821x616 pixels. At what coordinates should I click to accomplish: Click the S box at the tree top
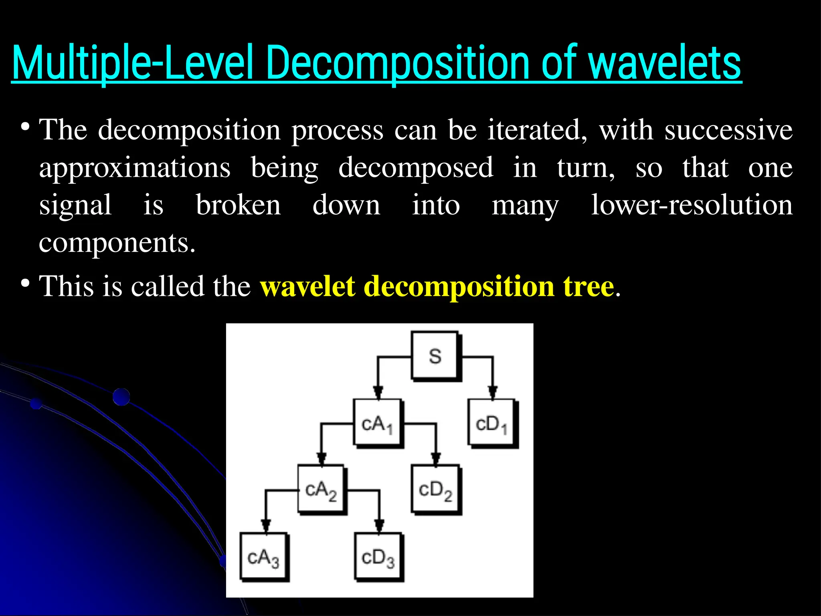435,356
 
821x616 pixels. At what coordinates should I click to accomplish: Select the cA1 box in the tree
377,423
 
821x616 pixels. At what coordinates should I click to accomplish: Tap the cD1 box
491,423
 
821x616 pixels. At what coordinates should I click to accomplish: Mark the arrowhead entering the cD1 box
493,391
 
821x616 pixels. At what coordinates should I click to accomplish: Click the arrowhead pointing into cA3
265,525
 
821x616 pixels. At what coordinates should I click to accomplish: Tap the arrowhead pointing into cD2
436,458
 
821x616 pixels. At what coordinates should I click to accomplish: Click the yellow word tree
588,286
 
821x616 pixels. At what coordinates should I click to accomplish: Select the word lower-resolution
692,205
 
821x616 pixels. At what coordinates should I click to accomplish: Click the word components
117,243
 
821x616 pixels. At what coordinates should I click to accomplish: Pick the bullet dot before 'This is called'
25,284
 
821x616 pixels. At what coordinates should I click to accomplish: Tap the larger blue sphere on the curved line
121,397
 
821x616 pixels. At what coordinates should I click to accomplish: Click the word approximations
135,168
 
